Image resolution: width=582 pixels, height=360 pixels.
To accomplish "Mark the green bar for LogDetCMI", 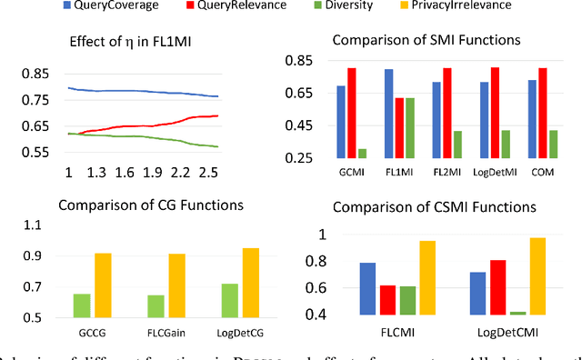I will coord(518,313).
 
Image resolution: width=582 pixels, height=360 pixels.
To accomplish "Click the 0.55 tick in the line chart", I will coord(25,153).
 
